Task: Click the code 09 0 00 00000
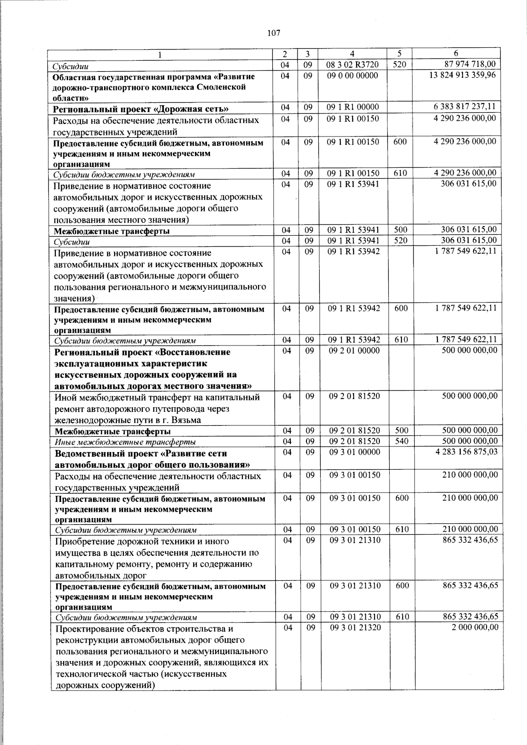pyautogui.click(x=353, y=76)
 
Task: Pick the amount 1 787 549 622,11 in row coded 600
pyautogui.click(x=466, y=308)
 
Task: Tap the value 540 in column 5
pyautogui.click(x=402, y=441)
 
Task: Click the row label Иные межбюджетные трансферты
pyautogui.click(x=125, y=442)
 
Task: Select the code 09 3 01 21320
pyautogui.click(x=355, y=628)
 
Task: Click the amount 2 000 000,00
pyautogui.click(x=475, y=628)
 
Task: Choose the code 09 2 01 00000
pyautogui.click(x=354, y=350)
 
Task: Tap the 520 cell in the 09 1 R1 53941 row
pyautogui.click(x=401, y=241)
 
